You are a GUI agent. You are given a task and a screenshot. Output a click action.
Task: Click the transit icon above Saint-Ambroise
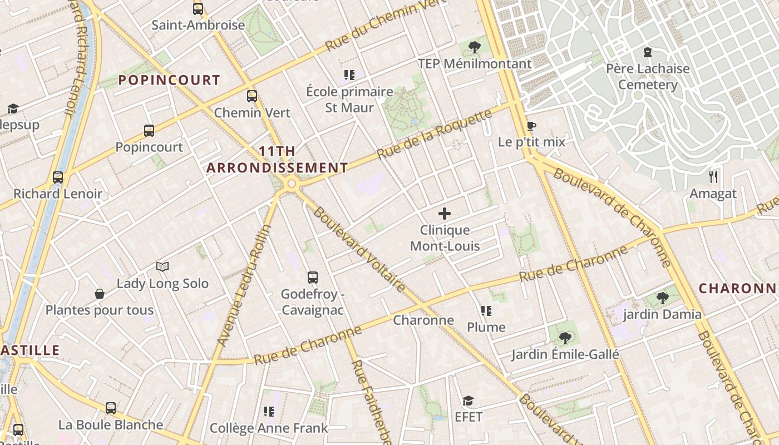pos(198,9)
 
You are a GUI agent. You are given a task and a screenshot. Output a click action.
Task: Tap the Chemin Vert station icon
pos(252,96)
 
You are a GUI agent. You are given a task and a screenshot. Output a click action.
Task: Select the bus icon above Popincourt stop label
pos(149,131)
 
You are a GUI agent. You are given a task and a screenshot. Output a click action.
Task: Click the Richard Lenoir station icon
pos(58,177)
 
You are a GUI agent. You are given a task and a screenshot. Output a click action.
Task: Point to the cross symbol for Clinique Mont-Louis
pos(445,214)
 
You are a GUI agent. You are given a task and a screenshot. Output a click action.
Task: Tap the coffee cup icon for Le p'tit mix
pos(531,126)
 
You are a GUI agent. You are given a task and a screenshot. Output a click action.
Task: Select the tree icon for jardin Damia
pos(662,298)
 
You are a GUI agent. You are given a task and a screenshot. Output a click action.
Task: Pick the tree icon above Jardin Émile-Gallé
pos(565,338)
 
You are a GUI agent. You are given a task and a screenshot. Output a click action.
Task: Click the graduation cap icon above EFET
pos(469,400)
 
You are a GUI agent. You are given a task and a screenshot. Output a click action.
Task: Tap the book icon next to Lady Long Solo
pos(162,267)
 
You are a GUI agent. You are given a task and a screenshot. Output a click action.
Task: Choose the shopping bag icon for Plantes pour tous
pos(100,294)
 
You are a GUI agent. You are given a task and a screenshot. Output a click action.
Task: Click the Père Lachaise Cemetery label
pos(648,77)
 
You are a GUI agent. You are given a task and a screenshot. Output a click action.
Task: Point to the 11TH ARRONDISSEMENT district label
pos(277,160)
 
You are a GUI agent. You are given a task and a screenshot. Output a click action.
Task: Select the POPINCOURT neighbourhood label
pos(169,80)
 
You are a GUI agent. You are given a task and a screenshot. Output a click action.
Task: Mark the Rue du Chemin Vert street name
pos(379,26)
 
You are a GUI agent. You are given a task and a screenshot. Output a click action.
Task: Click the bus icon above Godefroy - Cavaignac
pos(313,277)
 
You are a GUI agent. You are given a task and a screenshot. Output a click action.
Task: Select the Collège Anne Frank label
pos(269,428)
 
